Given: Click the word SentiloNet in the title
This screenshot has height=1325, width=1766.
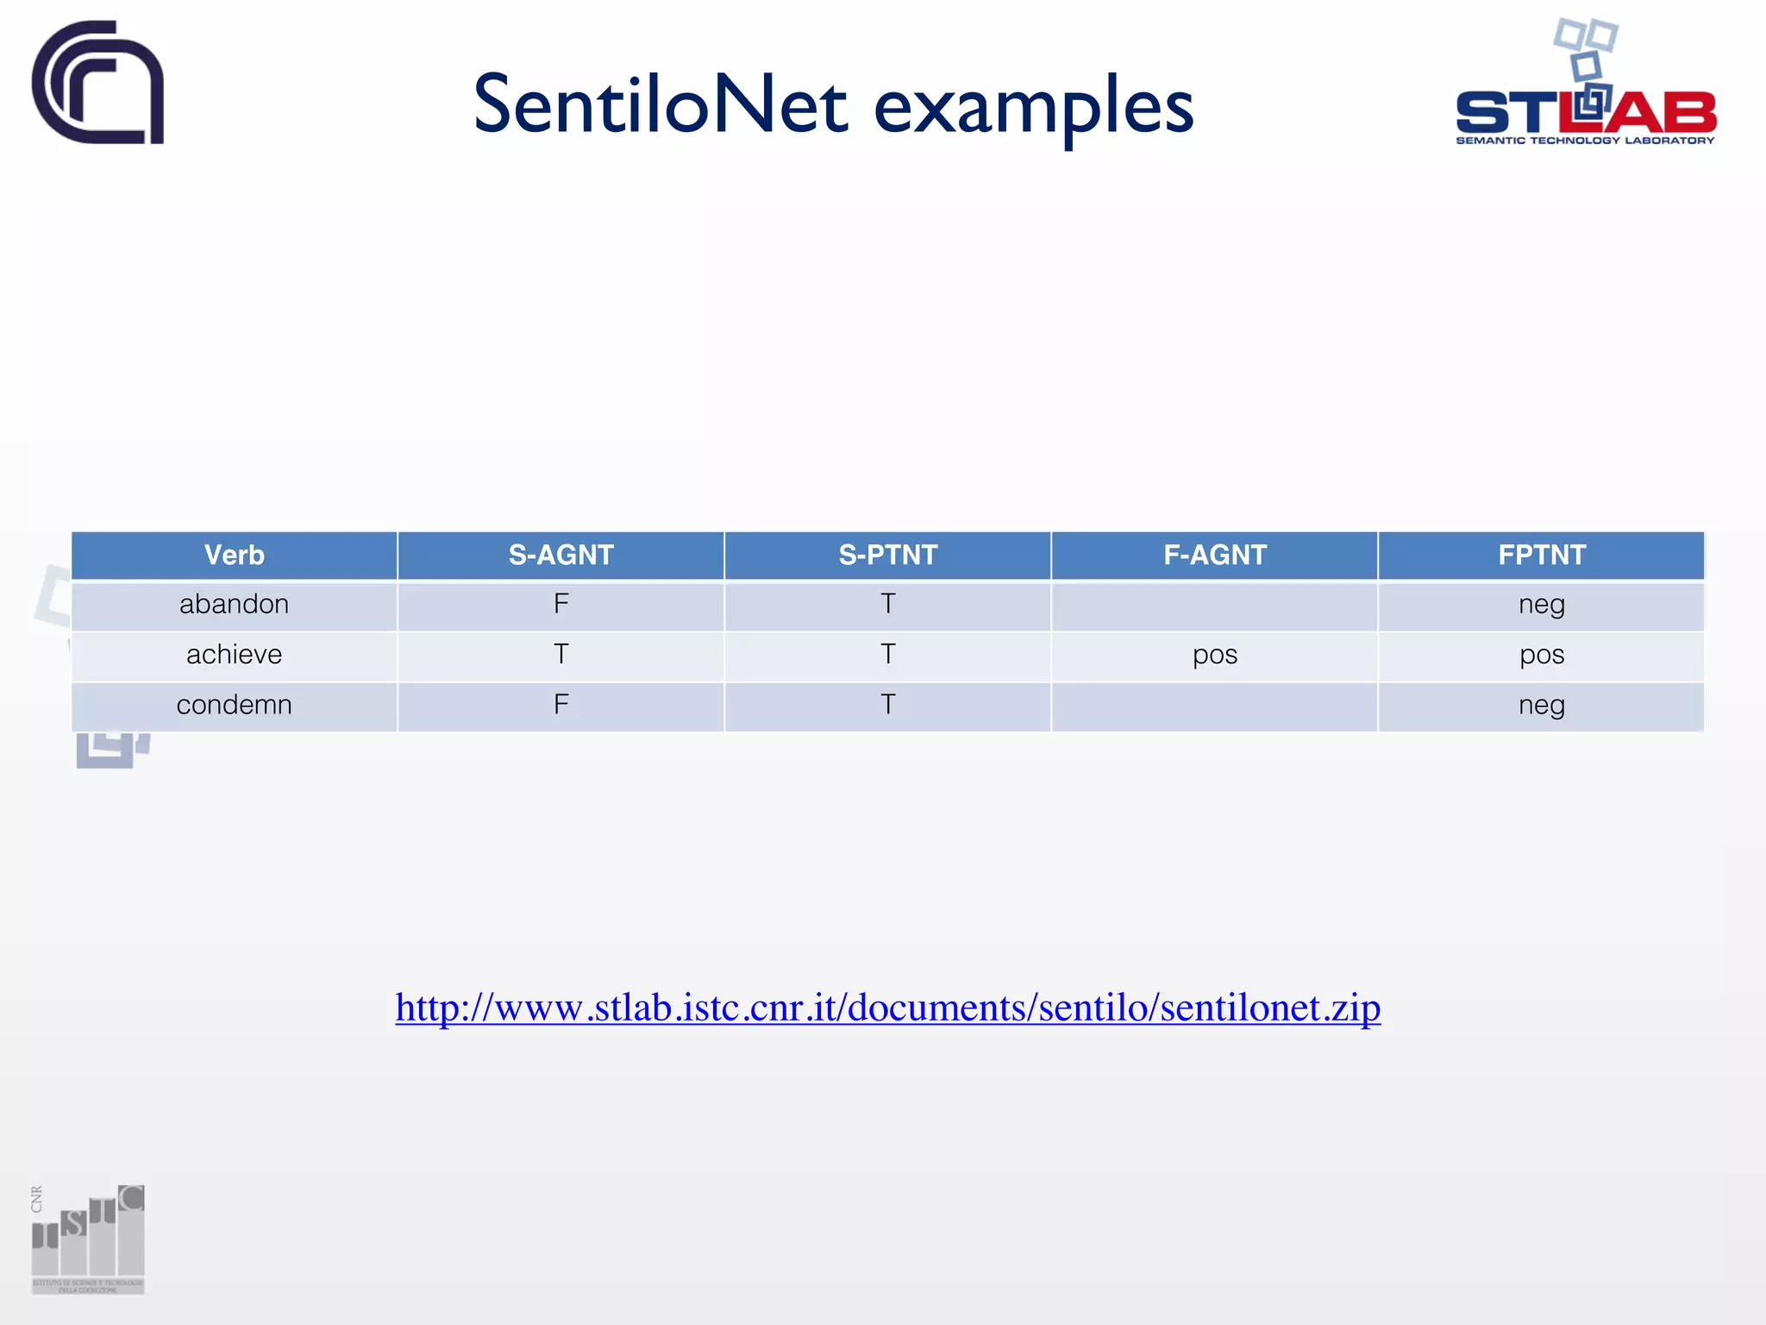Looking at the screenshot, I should click(661, 105).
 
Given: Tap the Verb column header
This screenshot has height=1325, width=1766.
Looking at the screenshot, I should click(234, 555).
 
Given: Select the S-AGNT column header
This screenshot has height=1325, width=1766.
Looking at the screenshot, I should click(560, 555).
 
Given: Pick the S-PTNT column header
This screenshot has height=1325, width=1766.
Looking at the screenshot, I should click(887, 555).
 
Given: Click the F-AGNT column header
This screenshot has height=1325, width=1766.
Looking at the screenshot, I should click(1214, 555).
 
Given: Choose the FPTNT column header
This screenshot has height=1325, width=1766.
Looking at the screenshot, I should click(1541, 555).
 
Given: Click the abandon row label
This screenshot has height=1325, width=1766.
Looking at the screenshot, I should click(234, 604).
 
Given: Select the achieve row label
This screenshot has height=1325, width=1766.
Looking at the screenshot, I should click(234, 655).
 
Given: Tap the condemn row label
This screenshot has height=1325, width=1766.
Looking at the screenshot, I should click(234, 705).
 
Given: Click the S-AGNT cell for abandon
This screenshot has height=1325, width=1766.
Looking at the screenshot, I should click(560, 604).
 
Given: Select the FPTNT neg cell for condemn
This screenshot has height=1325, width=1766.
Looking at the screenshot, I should click(1541, 706).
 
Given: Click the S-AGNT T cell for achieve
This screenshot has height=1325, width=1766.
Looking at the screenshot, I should click(560, 655).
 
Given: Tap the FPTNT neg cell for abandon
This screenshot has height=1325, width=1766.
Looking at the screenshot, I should click(1541, 605).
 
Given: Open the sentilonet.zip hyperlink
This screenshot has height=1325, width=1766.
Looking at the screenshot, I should click(887, 1008).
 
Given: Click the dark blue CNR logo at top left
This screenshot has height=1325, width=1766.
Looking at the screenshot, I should click(97, 83).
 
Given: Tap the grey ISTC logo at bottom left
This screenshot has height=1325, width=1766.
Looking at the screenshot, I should click(88, 1239).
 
